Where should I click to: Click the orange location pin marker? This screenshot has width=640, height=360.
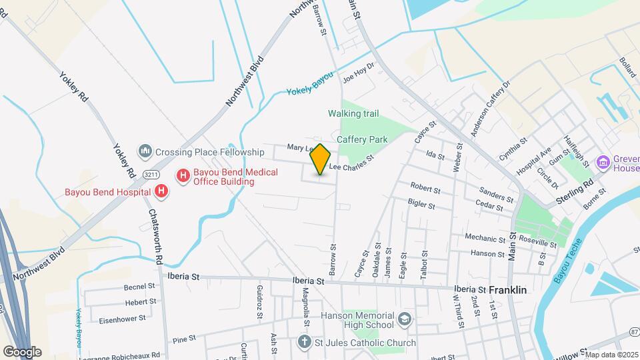coord(320,159)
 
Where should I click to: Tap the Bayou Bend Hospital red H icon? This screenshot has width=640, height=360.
coord(161,192)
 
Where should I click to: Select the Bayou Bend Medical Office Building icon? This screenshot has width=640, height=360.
coord(183,175)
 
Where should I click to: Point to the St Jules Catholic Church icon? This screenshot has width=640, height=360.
coord(304,343)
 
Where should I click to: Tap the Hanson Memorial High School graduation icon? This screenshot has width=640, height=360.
coord(405,319)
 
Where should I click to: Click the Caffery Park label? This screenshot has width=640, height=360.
coord(362,139)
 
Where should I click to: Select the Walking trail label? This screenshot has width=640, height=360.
coord(353,113)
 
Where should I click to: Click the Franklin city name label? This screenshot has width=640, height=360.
coord(508,290)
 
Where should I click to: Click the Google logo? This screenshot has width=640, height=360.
coord(22,351)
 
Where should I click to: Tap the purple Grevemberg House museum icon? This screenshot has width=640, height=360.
coord(604,162)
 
